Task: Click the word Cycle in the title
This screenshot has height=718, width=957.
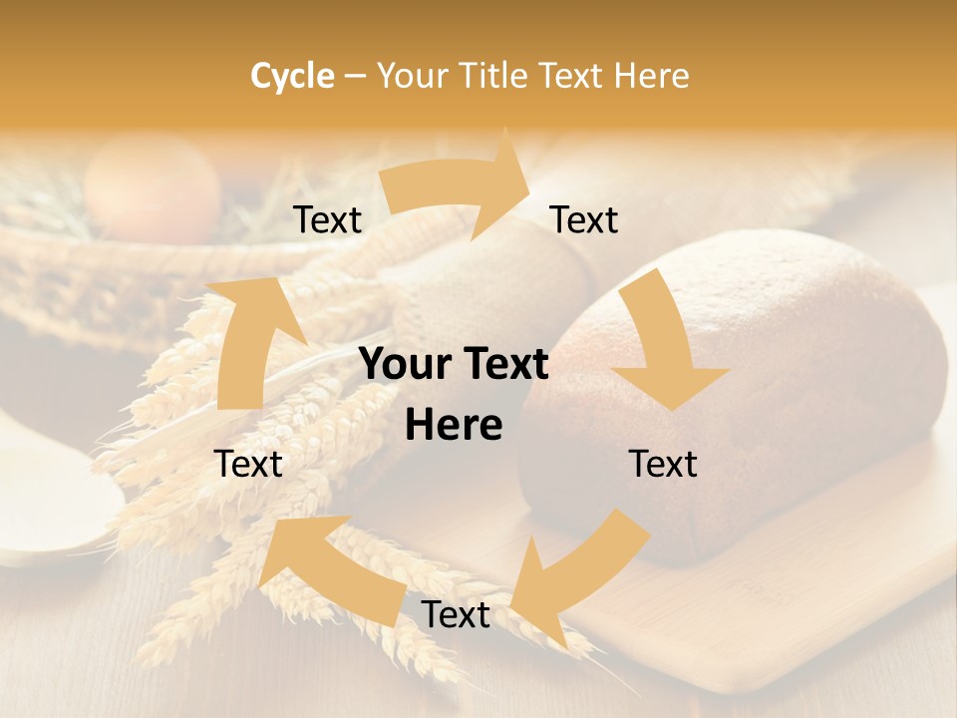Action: pos(292,76)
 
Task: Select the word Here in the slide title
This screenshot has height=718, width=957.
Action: pos(651,76)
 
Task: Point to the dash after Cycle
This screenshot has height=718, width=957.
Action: pos(355,76)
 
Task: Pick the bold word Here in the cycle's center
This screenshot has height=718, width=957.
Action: pos(454,426)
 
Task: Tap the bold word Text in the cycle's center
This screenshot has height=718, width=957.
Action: pos(502,365)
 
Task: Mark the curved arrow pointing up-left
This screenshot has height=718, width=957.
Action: pos(319,568)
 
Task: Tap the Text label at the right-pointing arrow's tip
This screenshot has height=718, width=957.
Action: pos(584,220)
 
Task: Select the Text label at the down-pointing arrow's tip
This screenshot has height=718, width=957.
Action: pos(663,465)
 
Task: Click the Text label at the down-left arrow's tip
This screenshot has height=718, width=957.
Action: pos(456,615)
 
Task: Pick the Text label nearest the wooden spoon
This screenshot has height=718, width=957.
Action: pos(249,465)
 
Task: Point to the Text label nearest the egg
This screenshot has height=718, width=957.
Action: pos(328,220)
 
